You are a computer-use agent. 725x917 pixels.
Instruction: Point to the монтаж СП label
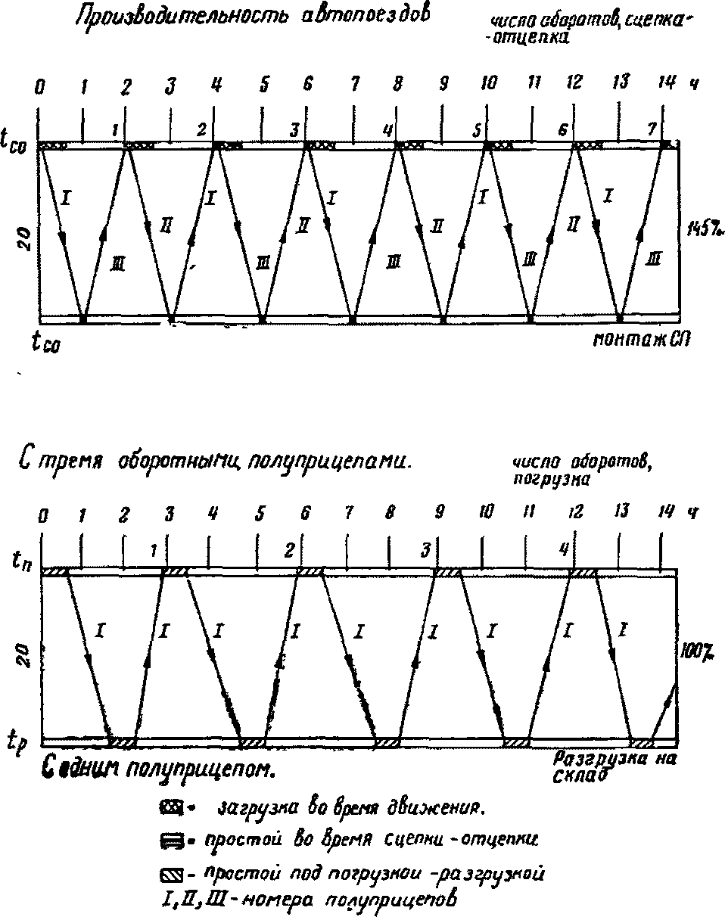(642, 343)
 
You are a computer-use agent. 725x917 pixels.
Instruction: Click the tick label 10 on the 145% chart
(489, 84)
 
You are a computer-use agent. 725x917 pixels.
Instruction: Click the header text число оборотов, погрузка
(572, 471)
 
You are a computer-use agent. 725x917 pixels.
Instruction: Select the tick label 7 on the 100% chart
(349, 514)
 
